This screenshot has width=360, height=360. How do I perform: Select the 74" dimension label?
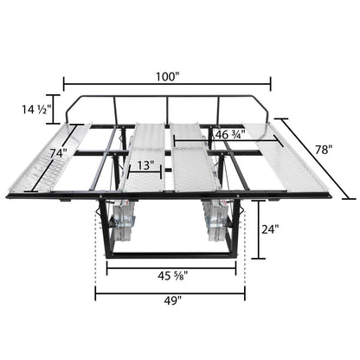pos(57,152)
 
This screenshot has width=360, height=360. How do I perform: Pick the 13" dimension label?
pos(145,165)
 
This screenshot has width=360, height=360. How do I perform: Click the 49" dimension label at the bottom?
pos(170,302)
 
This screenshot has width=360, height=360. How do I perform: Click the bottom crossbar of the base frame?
pos(170,255)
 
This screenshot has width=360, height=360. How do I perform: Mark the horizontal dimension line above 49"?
pos(170,291)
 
